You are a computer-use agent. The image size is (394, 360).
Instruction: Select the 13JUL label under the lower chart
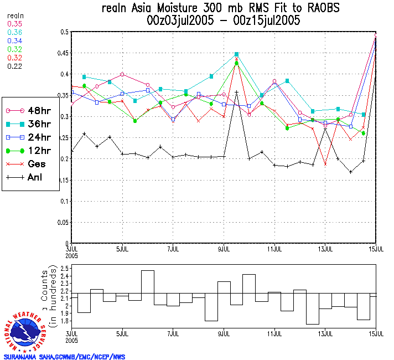325,333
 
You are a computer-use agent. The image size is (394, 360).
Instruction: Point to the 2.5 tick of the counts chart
63,269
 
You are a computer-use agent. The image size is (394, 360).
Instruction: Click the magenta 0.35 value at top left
15,24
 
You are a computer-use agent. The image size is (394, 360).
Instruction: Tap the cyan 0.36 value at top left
15,33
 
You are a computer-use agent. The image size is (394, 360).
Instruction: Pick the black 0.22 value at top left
15,66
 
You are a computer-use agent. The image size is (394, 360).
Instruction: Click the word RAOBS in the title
320,9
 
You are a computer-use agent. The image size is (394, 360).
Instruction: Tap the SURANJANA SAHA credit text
64,357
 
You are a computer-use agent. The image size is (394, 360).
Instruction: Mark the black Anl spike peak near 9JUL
236,92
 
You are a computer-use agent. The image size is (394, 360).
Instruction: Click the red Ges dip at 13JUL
325,164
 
